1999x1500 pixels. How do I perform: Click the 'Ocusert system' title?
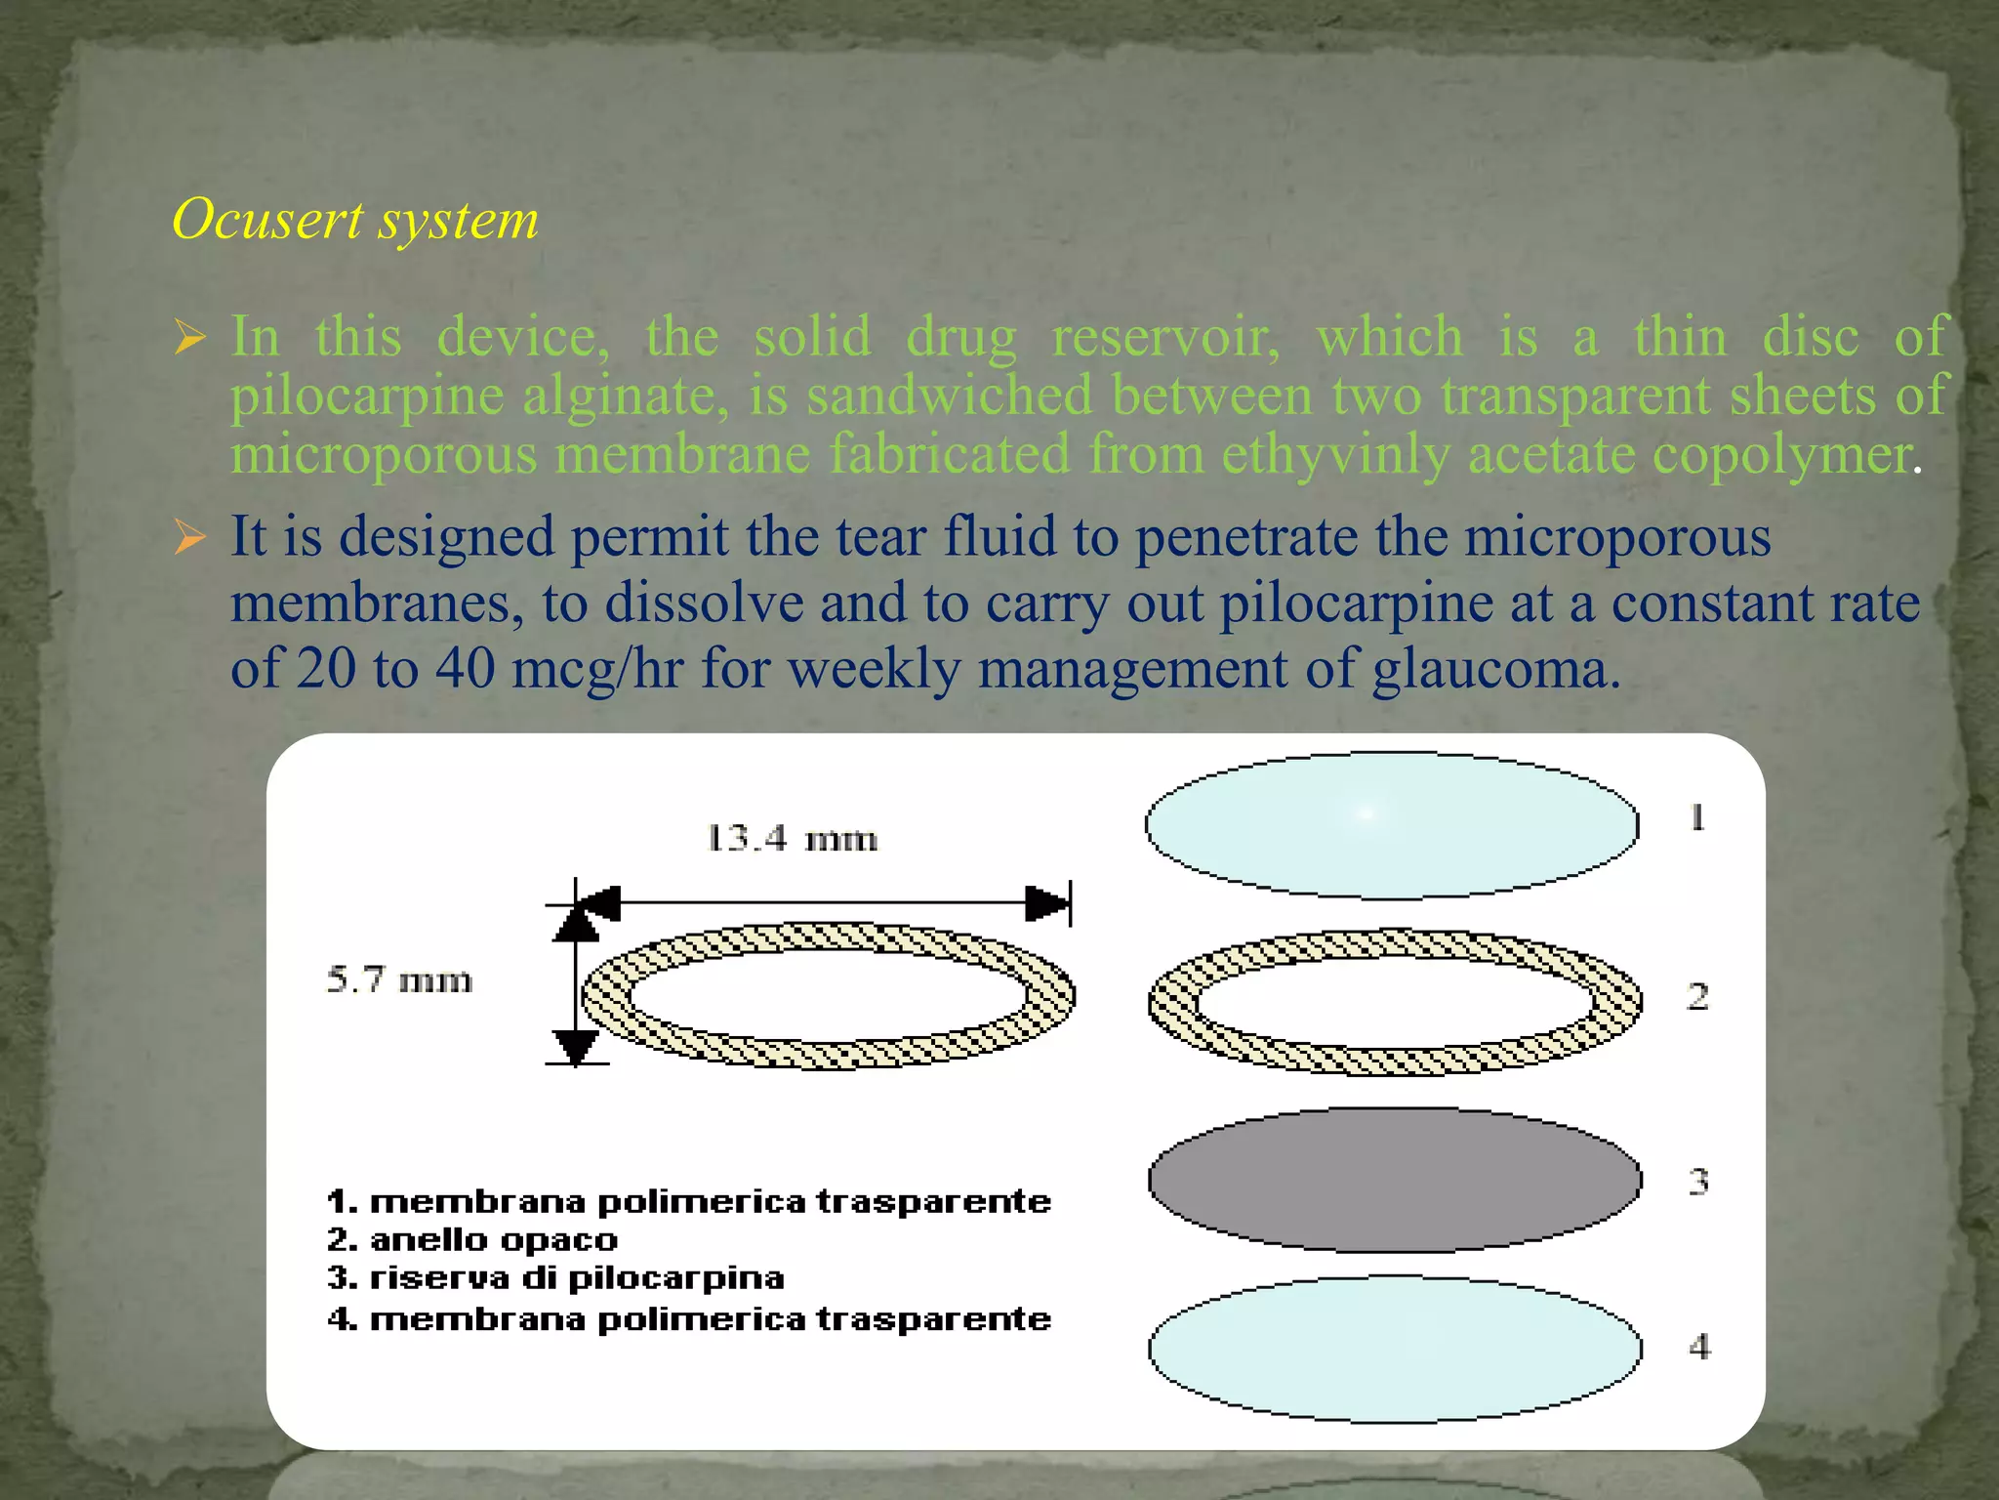[x=355, y=219]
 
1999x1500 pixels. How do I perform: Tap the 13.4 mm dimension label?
[x=792, y=838]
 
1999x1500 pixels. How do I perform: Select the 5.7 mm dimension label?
[x=399, y=979]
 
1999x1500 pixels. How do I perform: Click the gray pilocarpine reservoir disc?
[x=1394, y=1180]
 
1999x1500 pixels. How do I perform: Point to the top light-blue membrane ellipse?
[x=1392, y=825]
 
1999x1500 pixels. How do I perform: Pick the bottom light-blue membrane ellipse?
[x=1394, y=1349]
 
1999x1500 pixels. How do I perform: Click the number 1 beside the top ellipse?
[x=1697, y=816]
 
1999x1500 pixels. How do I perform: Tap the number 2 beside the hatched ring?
[x=1697, y=996]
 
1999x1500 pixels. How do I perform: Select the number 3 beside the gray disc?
[x=1698, y=1182]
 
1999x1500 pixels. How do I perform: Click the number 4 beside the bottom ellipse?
[x=1699, y=1347]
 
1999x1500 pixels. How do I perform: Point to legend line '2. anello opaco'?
[x=472, y=1240]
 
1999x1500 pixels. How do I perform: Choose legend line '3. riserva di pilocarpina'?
[x=555, y=1278]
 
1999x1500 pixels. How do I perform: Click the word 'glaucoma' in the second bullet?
[x=1495, y=670]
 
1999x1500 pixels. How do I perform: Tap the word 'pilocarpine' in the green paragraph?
[x=367, y=396]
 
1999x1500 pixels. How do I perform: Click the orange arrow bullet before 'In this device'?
[x=190, y=338]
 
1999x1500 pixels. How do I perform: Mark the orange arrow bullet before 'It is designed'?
[x=190, y=537]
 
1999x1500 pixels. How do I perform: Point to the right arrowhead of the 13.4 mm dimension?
[x=1048, y=903]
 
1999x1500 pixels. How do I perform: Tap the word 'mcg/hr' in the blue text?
[x=596, y=670]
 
